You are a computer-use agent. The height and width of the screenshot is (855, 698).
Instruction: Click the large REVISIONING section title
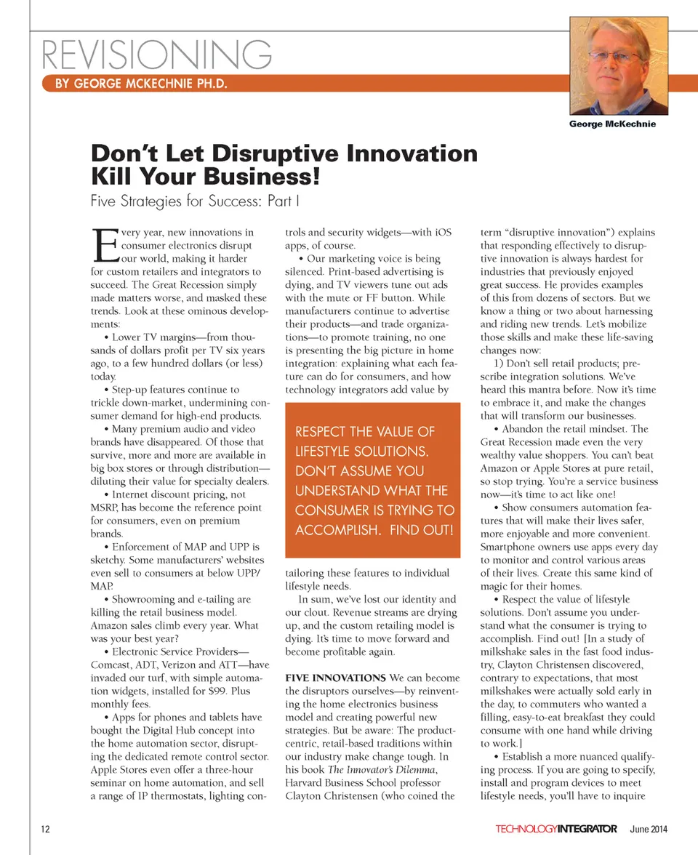point(157,55)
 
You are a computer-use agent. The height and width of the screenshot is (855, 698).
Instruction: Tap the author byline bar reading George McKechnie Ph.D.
point(141,84)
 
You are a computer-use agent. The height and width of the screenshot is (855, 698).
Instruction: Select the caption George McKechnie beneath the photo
point(612,124)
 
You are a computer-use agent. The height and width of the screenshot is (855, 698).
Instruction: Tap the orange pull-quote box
point(373,481)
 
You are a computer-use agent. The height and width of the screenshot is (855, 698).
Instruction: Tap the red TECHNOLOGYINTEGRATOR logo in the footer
point(556,830)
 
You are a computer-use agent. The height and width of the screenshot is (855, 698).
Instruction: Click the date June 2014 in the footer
point(649,830)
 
